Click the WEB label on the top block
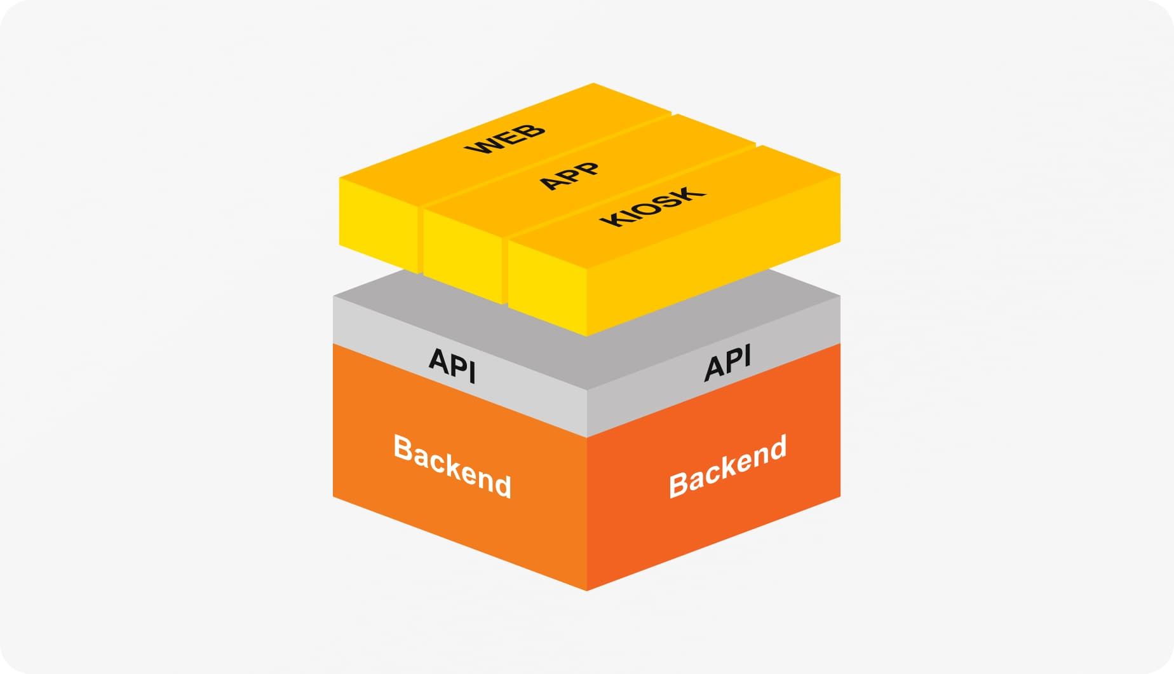(505, 139)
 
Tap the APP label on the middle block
(569, 175)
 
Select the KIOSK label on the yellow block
(653, 207)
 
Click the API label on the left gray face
(452, 365)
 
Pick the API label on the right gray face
(728, 362)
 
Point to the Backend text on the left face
(452, 466)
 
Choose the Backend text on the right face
(728, 466)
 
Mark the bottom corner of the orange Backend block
(586, 589)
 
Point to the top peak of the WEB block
(593, 84)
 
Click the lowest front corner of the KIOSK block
(586, 335)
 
